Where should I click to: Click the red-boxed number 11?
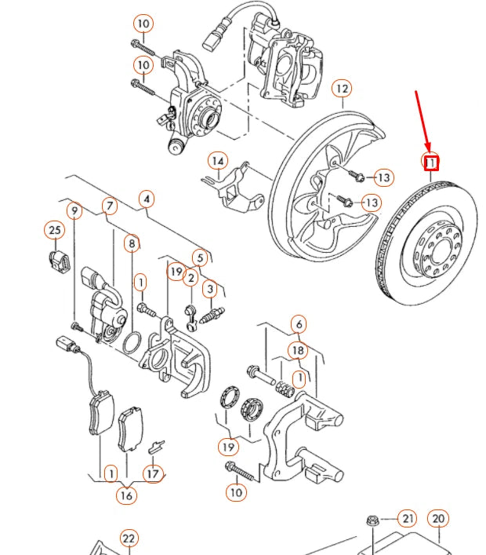(430, 162)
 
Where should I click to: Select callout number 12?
(342, 89)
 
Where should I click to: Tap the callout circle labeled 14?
(217, 162)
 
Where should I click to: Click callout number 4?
(146, 199)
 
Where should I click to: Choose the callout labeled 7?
(109, 206)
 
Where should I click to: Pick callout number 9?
(74, 210)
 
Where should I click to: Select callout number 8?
(132, 243)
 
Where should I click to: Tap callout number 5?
(200, 257)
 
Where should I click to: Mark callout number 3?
(210, 290)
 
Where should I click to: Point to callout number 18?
(298, 350)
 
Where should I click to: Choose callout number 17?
(152, 473)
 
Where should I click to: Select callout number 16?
(125, 495)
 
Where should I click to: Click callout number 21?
(408, 518)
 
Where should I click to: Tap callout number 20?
(439, 518)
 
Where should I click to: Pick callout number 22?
(129, 538)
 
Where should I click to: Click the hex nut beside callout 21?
(371, 521)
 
